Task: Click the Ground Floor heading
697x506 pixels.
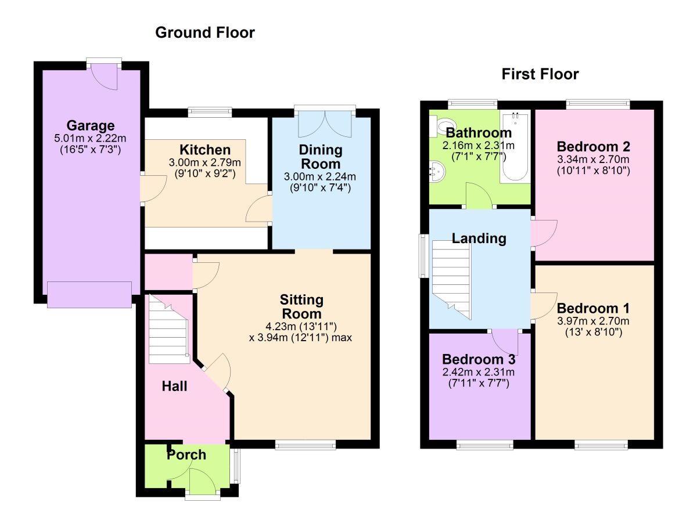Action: pyautogui.click(x=204, y=32)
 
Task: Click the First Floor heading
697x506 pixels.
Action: pyautogui.click(x=540, y=74)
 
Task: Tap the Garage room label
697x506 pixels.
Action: pyautogui.click(x=90, y=125)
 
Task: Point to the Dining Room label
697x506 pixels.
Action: pyautogui.click(x=321, y=157)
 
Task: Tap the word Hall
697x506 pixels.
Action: pyautogui.click(x=174, y=386)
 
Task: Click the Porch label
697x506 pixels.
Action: pyautogui.click(x=186, y=455)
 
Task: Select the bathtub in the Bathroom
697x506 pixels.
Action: pyautogui.click(x=516, y=148)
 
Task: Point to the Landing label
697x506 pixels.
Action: pyautogui.click(x=479, y=238)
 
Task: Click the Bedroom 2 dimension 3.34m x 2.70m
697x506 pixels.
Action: pyautogui.click(x=593, y=160)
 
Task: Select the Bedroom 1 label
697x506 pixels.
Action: pyautogui.click(x=593, y=308)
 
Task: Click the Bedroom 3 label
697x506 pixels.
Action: pyautogui.click(x=478, y=359)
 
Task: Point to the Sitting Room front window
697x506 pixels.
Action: pyautogui.click(x=306, y=445)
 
